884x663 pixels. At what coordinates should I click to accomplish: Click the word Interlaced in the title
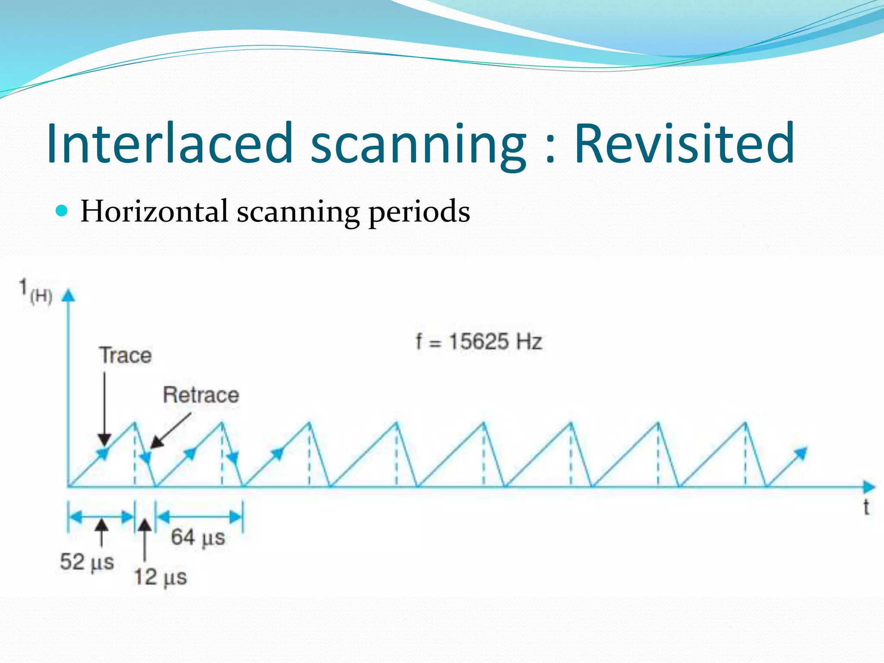click(170, 143)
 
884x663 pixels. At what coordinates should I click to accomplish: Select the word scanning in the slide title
click(418, 147)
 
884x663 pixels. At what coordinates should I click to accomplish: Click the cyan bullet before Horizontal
click(62, 211)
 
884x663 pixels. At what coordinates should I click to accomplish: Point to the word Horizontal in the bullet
click(154, 211)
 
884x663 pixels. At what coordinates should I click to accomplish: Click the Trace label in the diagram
click(126, 355)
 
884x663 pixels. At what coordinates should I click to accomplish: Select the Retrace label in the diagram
click(201, 395)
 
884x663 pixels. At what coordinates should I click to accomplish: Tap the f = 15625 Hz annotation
click(478, 341)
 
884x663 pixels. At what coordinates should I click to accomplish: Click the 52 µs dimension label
click(87, 562)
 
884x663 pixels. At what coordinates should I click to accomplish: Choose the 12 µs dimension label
click(160, 577)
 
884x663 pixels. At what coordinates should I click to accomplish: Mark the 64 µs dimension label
click(198, 537)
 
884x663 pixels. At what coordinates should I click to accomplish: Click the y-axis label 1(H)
click(36, 292)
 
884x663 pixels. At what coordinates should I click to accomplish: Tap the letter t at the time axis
click(865, 508)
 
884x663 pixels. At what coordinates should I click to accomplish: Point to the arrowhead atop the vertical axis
click(68, 296)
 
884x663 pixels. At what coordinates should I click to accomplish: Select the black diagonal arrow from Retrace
click(170, 430)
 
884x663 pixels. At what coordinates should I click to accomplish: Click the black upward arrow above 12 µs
click(145, 540)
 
